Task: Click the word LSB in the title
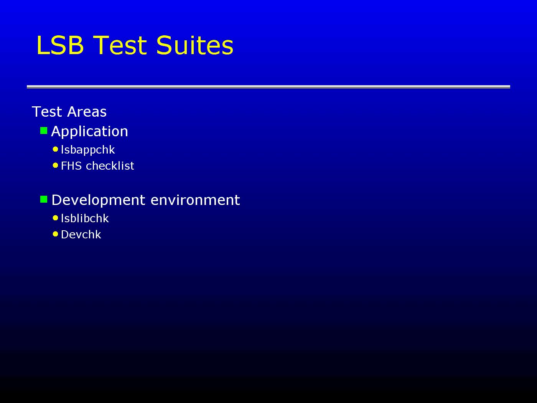coord(60,45)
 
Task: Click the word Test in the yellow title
coord(120,45)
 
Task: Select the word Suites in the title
coord(195,45)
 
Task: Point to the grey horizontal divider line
coord(268,87)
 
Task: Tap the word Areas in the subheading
coord(87,112)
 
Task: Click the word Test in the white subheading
coord(47,112)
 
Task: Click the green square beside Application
coord(44,130)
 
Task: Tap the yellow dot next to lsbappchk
coord(56,149)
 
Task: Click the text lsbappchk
coord(88,150)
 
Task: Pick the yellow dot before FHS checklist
coord(56,165)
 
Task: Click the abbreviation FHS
coord(71,166)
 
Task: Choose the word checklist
coord(110,166)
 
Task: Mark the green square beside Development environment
coord(44,200)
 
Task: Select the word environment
coord(195,200)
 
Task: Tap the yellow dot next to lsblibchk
coord(56,218)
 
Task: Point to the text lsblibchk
coord(85,218)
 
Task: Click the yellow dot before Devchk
coord(56,234)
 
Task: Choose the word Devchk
coord(81,235)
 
